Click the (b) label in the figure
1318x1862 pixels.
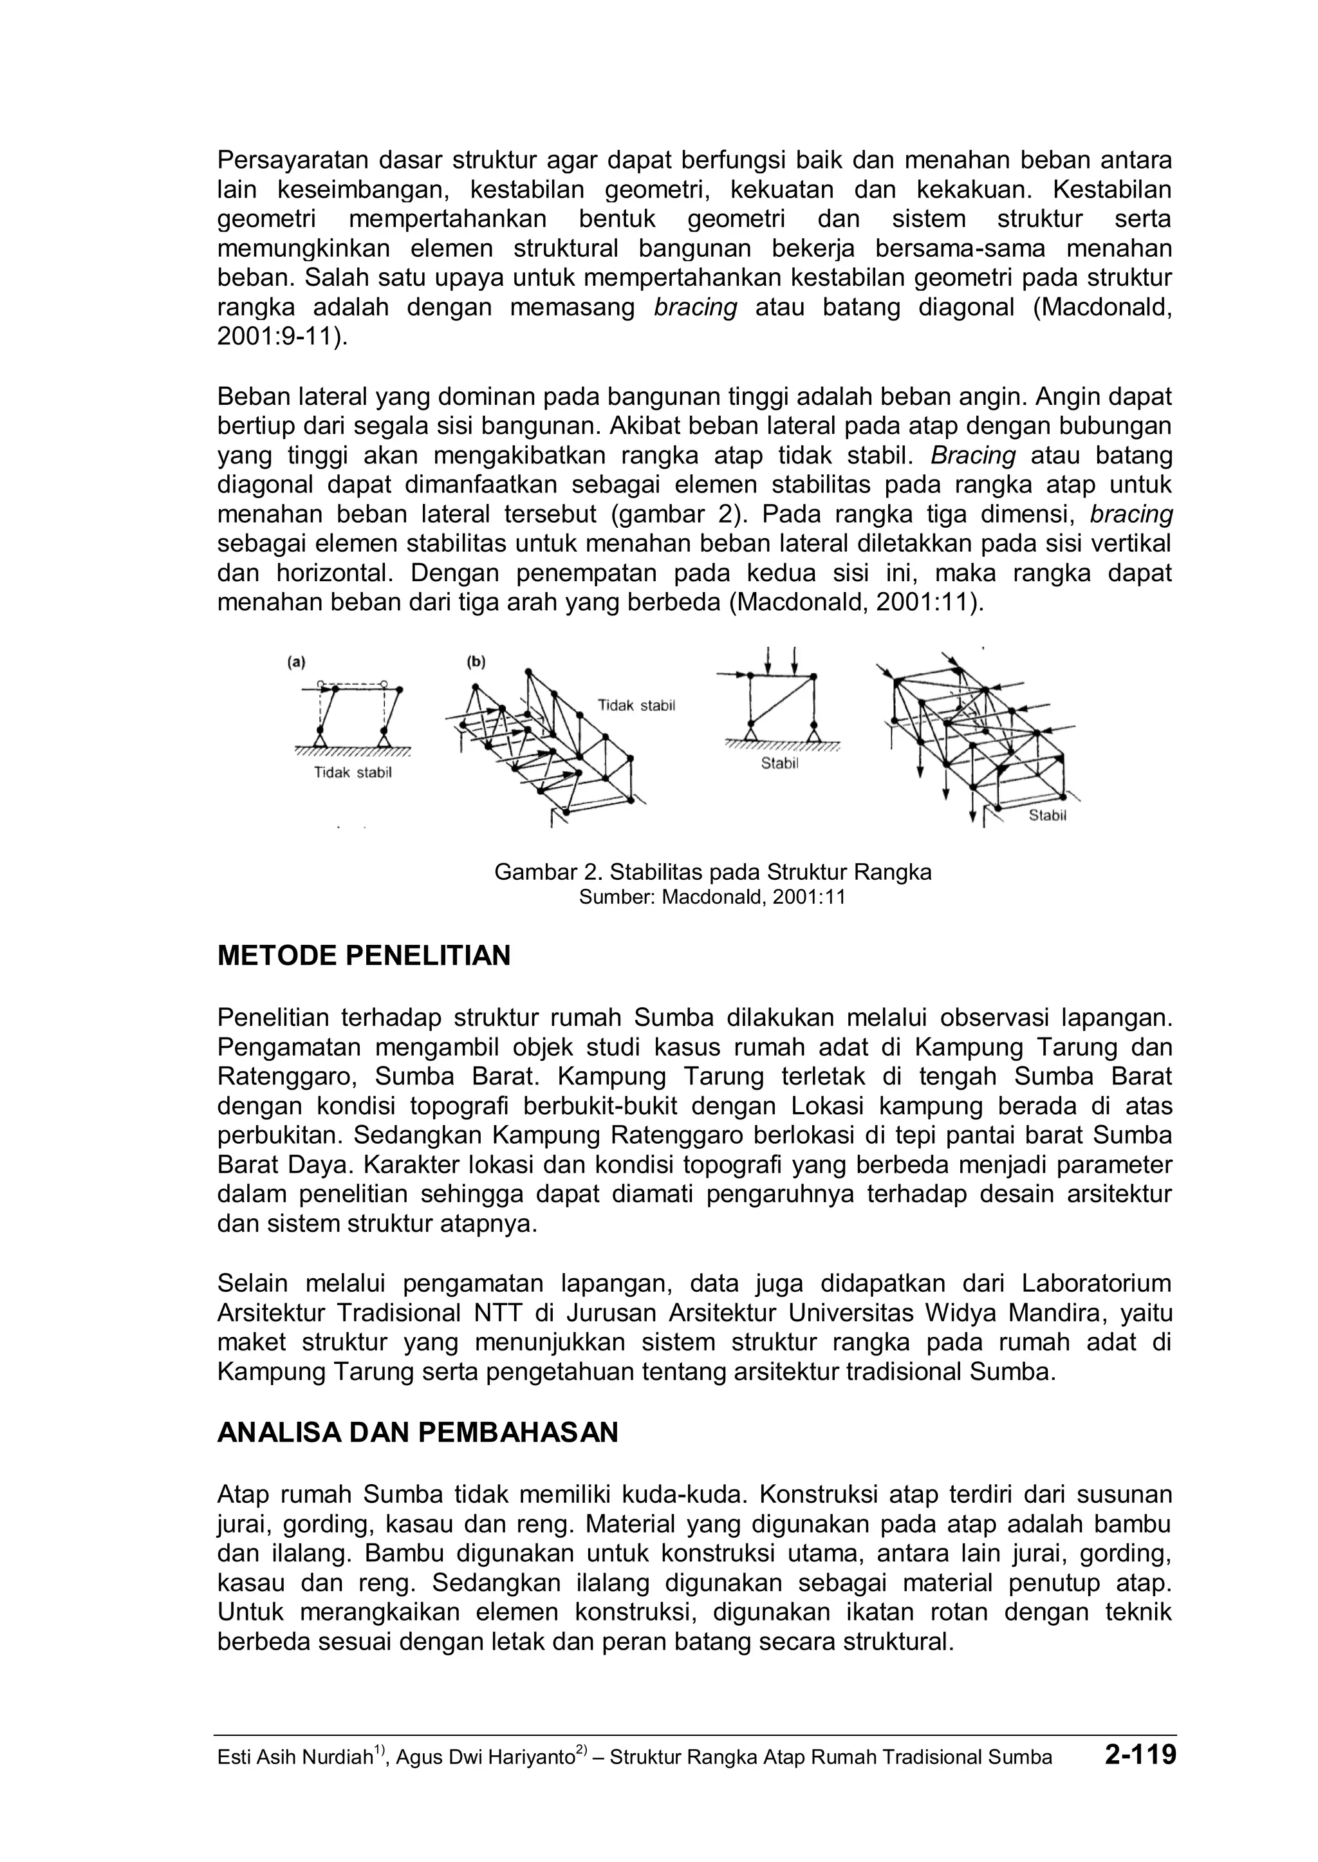coord(476,662)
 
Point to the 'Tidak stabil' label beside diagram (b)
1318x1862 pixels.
coord(636,705)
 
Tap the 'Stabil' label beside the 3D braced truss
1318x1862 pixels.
coord(1047,815)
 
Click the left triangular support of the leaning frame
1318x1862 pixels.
coord(320,739)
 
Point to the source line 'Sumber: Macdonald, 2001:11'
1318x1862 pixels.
coord(712,897)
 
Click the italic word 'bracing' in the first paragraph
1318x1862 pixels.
coord(696,308)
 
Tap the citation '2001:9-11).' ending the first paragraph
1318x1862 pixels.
coord(283,337)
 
